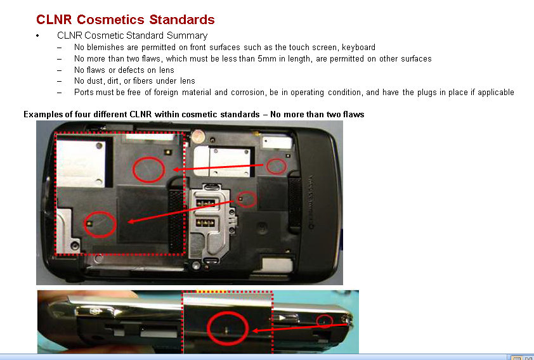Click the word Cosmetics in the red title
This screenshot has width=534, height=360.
coord(110,20)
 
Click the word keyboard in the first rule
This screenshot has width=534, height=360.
coord(358,48)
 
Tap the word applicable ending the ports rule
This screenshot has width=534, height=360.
coord(496,93)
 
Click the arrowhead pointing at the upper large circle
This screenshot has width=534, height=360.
coord(176,169)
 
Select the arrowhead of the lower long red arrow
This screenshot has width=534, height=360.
coord(131,221)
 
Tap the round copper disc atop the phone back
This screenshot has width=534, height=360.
coord(197,137)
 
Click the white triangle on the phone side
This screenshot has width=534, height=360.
coord(282,318)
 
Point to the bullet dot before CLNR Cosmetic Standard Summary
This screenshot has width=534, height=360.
coord(37,35)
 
